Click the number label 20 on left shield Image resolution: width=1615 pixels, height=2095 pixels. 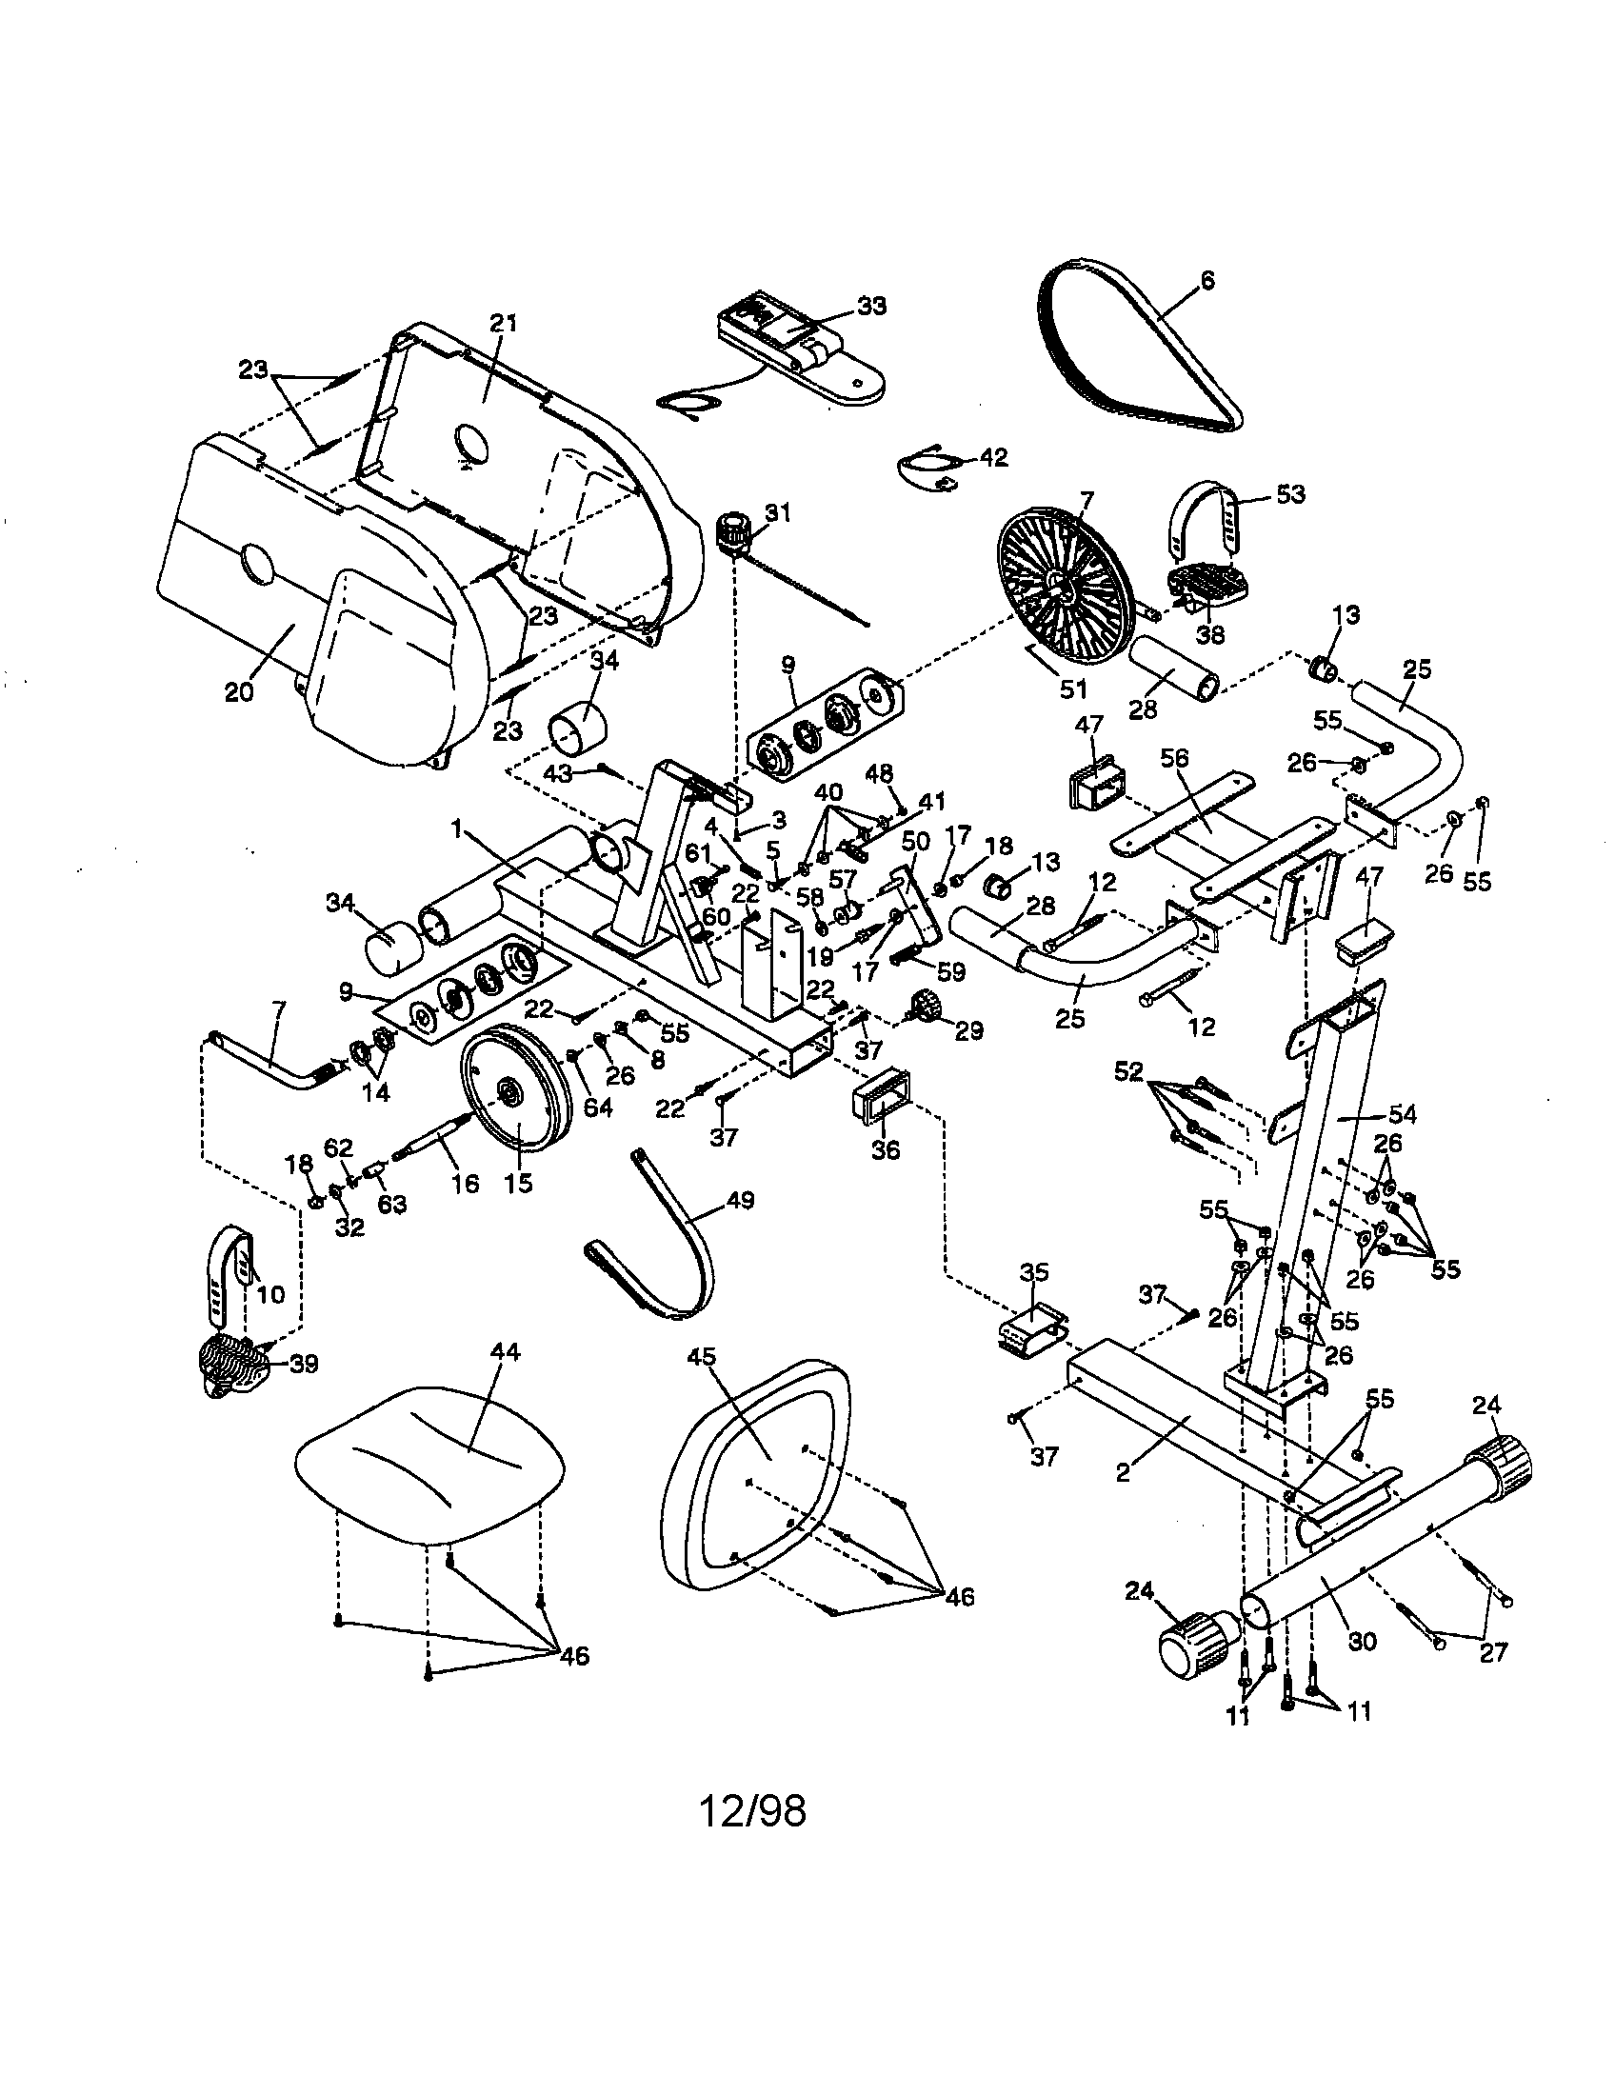point(239,691)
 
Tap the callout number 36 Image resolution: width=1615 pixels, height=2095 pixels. point(886,1148)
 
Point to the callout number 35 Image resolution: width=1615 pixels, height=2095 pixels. point(1034,1273)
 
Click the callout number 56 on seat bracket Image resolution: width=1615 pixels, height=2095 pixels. point(1174,758)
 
